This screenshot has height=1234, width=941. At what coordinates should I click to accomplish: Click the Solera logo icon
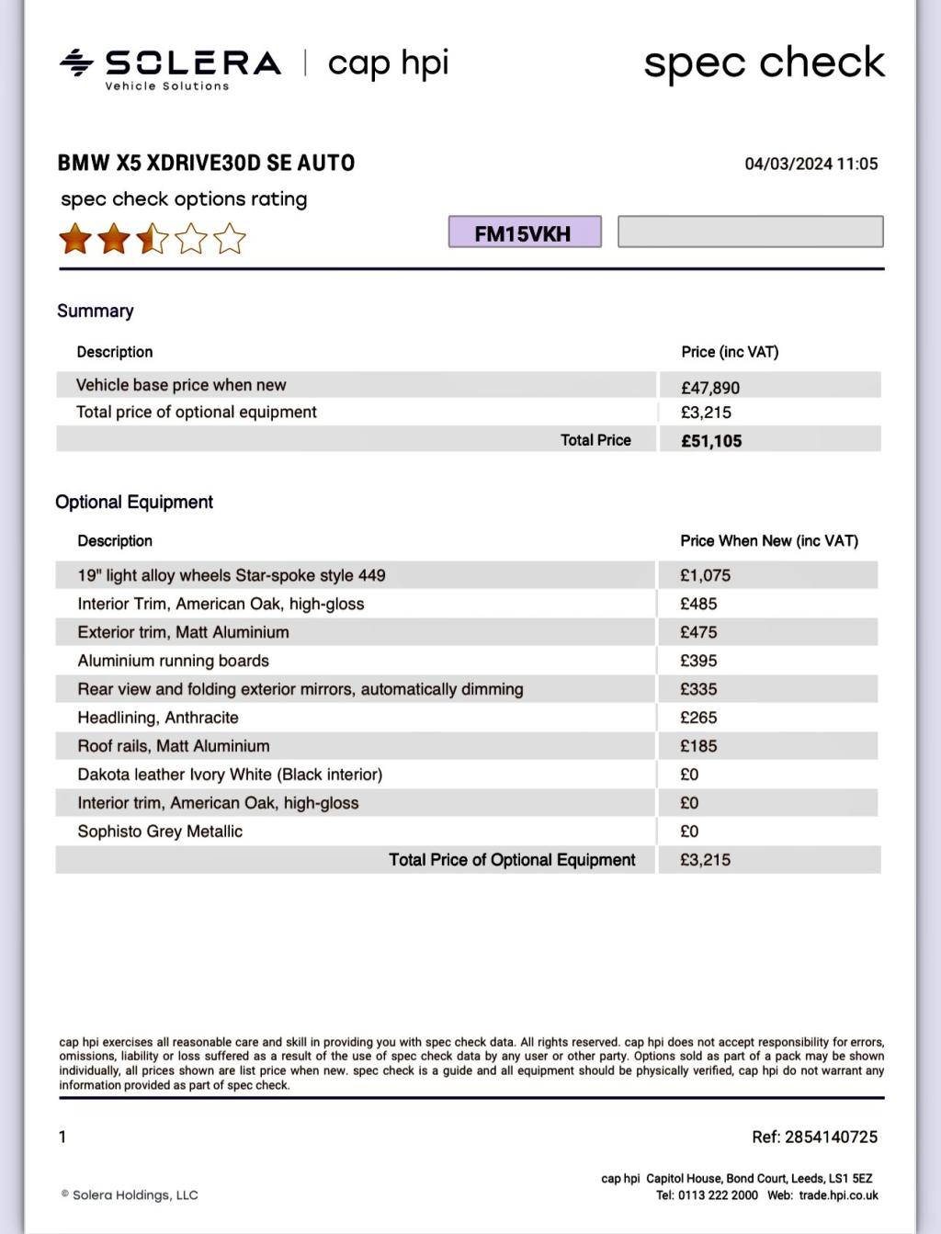pyautogui.click(x=76, y=62)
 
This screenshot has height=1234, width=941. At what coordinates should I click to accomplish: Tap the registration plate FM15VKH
pyautogui.click(x=525, y=232)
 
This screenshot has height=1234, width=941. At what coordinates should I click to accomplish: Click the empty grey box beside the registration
pyautogui.click(x=750, y=232)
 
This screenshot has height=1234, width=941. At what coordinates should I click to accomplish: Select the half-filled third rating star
pyautogui.click(x=153, y=239)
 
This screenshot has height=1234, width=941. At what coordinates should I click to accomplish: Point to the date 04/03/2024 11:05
pyautogui.click(x=811, y=164)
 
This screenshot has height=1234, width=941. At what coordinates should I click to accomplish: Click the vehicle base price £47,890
pyautogui.click(x=710, y=388)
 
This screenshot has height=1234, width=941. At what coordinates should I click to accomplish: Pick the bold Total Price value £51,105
pyautogui.click(x=711, y=441)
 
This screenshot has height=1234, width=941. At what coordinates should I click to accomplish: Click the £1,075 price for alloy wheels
pyautogui.click(x=705, y=575)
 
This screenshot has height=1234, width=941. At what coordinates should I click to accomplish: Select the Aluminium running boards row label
pyautogui.click(x=173, y=661)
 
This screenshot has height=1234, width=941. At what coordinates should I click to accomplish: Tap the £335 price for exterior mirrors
pyautogui.click(x=698, y=689)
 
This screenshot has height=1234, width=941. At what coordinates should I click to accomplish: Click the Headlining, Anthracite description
pyautogui.click(x=158, y=718)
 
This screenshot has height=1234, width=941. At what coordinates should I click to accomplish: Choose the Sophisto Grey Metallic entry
pyautogui.click(x=160, y=832)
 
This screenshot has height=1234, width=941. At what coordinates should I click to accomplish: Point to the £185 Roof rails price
pyautogui.click(x=698, y=746)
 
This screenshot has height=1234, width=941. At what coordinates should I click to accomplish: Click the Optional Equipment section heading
pyautogui.click(x=134, y=502)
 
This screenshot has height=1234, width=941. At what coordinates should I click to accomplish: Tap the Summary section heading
pyautogui.click(x=96, y=311)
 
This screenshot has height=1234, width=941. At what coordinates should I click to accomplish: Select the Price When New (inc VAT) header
pyautogui.click(x=769, y=541)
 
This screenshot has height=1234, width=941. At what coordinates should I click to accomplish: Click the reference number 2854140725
pyautogui.click(x=831, y=1137)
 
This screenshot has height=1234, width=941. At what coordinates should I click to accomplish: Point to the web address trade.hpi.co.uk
pyautogui.click(x=838, y=1195)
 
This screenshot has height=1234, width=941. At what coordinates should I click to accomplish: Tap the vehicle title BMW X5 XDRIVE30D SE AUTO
pyautogui.click(x=206, y=163)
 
